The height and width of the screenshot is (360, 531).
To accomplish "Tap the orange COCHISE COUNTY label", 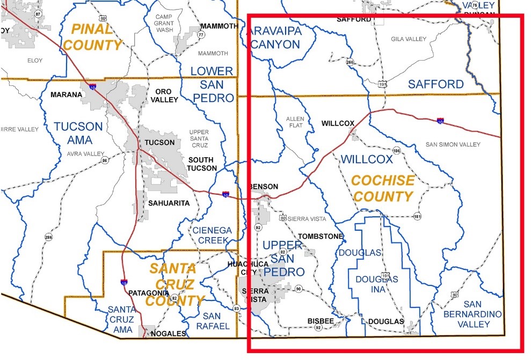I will tap(383, 188).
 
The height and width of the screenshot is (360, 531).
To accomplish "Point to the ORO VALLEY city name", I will tap(161, 95).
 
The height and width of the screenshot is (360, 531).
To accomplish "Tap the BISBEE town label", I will tap(321, 320).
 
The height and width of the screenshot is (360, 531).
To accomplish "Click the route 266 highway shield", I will tap(350, 61).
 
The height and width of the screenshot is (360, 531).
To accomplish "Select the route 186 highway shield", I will tap(396, 150).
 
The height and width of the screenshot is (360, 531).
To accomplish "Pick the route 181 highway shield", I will tap(417, 217).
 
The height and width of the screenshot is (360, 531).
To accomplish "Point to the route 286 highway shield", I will tap(49, 237).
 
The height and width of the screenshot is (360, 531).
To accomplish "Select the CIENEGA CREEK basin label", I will tap(212, 235).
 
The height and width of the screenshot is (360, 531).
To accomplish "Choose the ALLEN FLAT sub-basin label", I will tap(295, 122).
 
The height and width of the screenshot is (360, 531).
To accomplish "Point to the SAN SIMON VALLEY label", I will tap(453, 144).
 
